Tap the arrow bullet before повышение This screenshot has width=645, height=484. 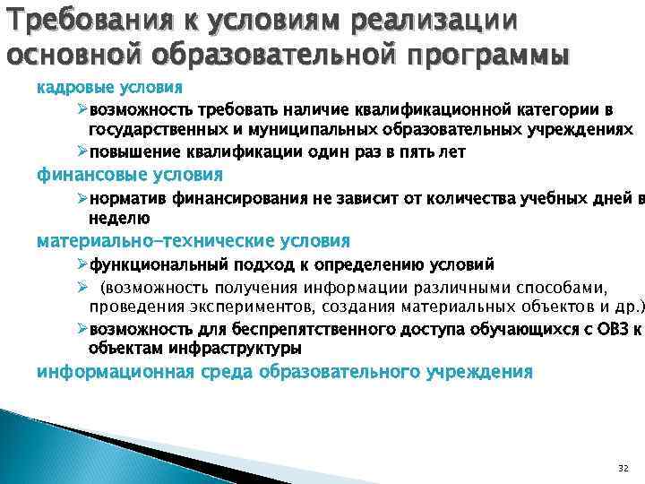[82, 151]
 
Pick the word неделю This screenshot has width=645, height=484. [118, 218]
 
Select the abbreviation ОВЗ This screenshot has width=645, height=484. [608, 328]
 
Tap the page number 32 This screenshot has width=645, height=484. [623, 469]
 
